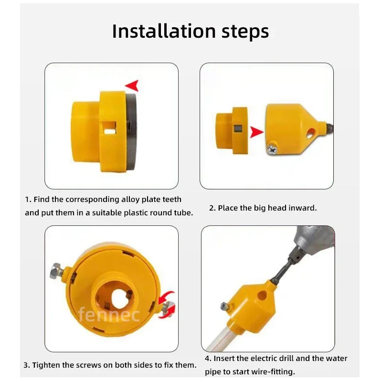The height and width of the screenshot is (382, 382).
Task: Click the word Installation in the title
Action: [x=164, y=31]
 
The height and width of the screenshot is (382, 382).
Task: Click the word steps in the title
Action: [x=245, y=32]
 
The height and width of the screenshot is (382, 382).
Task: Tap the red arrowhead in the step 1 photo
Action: [x=132, y=85]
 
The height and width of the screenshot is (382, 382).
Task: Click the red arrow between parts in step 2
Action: [x=257, y=132]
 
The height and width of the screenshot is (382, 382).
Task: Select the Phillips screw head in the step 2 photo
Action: [x=272, y=149]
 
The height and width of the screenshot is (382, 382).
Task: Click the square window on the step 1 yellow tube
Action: [x=110, y=127]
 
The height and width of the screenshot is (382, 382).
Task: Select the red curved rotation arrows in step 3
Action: [x=167, y=305]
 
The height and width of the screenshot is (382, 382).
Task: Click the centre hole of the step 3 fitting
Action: [x=119, y=297]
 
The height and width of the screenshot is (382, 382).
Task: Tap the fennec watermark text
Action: [x=109, y=315]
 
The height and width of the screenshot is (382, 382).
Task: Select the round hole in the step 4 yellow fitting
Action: [x=262, y=295]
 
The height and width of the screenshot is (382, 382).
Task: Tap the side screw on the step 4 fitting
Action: [x=225, y=306]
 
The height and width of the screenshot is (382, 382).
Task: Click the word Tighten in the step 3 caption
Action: [x=46, y=365]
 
